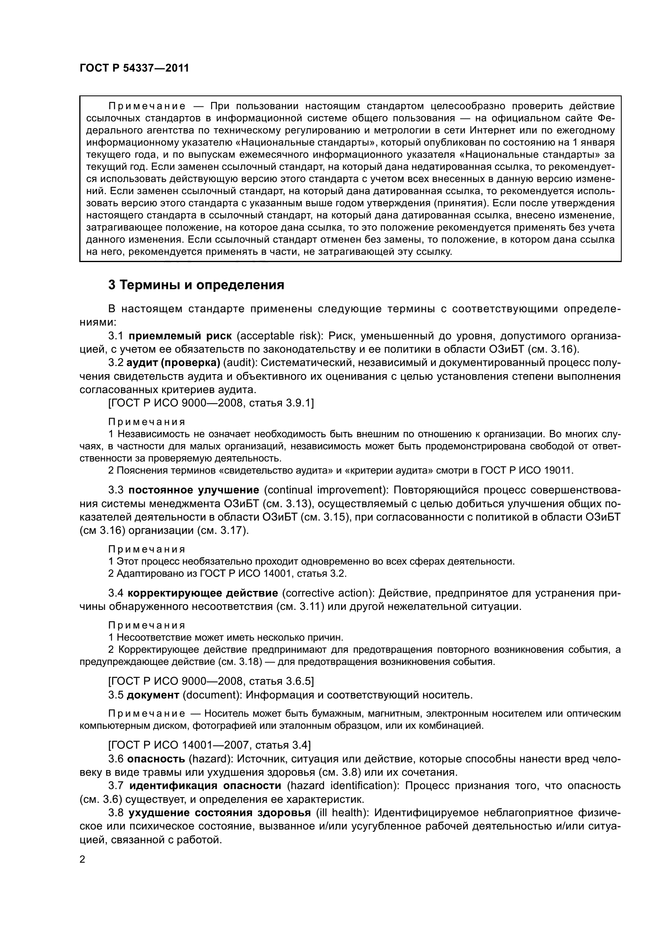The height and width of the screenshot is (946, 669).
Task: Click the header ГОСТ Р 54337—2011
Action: point(134,68)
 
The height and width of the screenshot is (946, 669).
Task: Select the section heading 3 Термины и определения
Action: point(196,285)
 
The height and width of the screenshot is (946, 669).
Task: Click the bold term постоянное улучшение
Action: point(194,490)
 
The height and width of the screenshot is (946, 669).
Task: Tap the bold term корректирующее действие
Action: point(203,593)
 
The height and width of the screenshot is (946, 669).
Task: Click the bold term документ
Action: point(153,695)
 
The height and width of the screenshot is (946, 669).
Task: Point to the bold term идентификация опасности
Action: point(205,786)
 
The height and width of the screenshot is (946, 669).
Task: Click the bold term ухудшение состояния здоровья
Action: point(220,813)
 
